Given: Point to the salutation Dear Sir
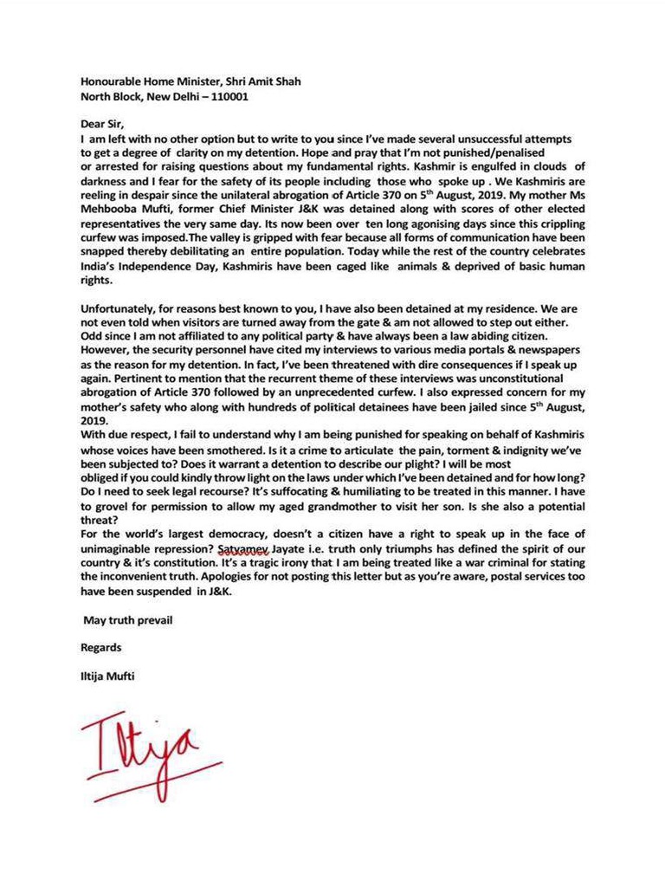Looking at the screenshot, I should coord(102,124).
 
